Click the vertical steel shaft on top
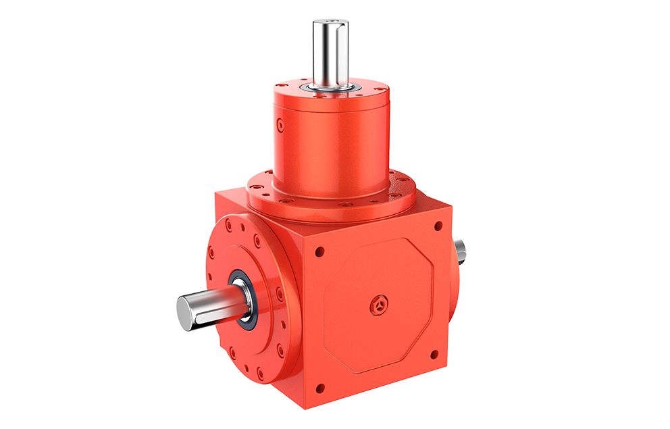pos(330,51)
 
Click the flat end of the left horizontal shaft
pos(187,309)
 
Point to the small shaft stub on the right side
pos(460,249)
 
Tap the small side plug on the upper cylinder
pos(279,124)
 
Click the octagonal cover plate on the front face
pos(378,304)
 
